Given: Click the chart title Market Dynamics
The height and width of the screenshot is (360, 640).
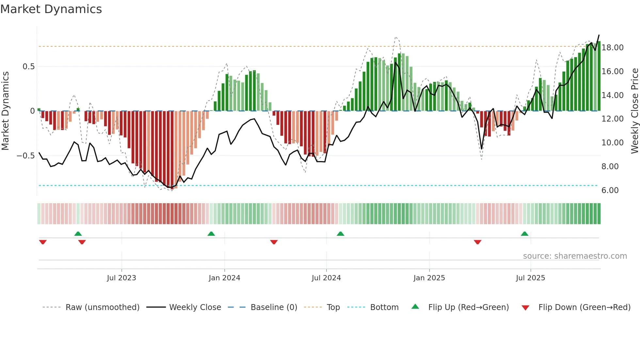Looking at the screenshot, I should pyautogui.click(x=51, y=9).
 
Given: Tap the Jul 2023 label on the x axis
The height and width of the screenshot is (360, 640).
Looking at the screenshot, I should pyautogui.click(x=121, y=278).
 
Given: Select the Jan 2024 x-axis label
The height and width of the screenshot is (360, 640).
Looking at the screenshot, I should pyautogui.click(x=224, y=278).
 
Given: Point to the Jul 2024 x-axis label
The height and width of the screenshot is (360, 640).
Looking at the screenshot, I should pyautogui.click(x=326, y=278).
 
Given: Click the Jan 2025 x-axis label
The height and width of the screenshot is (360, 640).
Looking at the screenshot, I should pyautogui.click(x=429, y=278).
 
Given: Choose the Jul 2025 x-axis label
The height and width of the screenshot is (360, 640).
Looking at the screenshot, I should pyautogui.click(x=531, y=278).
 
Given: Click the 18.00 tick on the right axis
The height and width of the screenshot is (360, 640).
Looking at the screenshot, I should pyautogui.click(x=613, y=48).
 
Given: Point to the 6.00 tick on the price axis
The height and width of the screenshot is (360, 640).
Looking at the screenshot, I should pyautogui.click(x=610, y=190).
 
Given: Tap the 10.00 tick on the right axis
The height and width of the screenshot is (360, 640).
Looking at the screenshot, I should pyautogui.click(x=613, y=143).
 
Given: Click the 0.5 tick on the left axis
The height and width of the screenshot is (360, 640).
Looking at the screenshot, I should pyautogui.click(x=28, y=67).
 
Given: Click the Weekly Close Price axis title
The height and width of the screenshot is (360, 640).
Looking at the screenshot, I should pyautogui.click(x=634, y=111).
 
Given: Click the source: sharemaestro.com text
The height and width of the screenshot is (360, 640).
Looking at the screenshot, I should pyautogui.click(x=575, y=256).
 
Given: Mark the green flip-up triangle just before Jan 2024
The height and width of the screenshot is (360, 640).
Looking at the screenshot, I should pyautogui.click(x=211, y=234).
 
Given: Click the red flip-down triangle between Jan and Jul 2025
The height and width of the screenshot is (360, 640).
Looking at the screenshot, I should pyautogui.click(x=477, y=242).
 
